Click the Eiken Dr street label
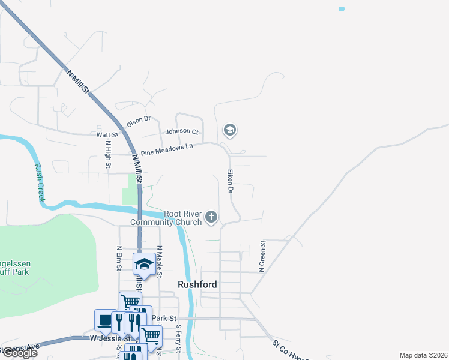click(x=229, y=181)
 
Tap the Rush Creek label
click(x=40, y=182)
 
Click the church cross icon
click(x=211, y=217)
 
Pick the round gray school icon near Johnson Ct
click(x=229, y=130)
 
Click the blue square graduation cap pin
click(x=144, y=265)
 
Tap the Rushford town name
click(x=197, y=284)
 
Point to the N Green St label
click(x=262, y=257)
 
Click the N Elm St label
click(x=119, y=257)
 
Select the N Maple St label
click(x=160, y=260)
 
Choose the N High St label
click(x=108, y=152)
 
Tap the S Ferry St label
click(x=178, y=339)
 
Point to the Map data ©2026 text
click(x=423, y=355)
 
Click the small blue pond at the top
click(x=342, y=9)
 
